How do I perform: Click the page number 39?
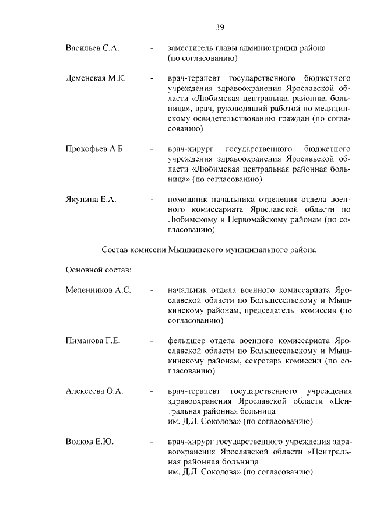point(220,27)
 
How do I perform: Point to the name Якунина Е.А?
point(92,199)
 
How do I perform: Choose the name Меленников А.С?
point(98,289)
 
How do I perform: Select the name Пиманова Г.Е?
point(93,340)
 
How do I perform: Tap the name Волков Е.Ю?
point(89,442)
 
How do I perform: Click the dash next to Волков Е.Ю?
point(152,442)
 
